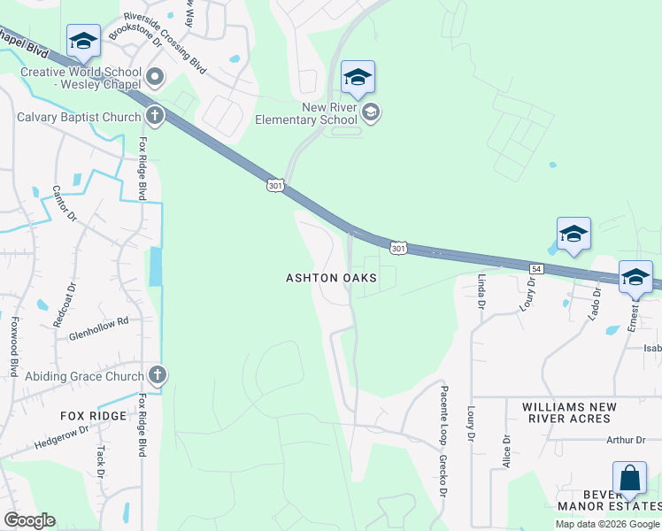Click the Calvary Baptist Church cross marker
point(155,116)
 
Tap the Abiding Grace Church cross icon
point(158,375)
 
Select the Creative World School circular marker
point(155,78)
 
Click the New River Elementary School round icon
point(372,112)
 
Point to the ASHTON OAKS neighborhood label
point(331,278)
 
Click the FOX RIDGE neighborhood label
point(93,415)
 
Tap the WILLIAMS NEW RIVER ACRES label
point(581,412)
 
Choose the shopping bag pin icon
point(629,479)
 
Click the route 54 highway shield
point(536,267)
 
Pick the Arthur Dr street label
point(627,440)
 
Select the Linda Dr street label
point(482,291)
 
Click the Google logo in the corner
point(29,519)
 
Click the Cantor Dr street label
point(65,203)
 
